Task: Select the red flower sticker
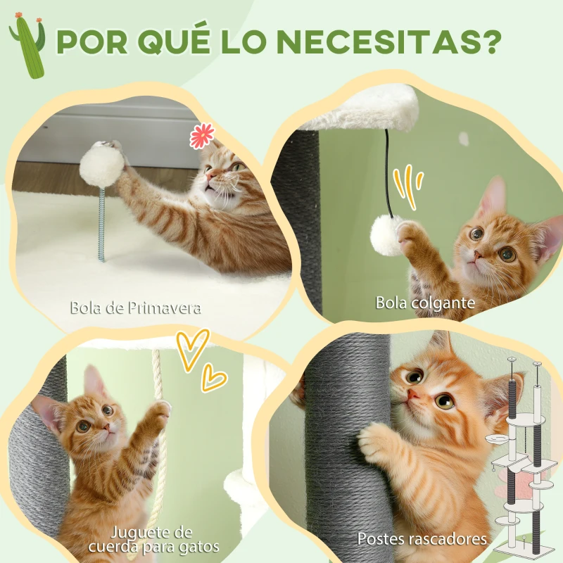(x=202, y=136)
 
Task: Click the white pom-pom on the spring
(x=102, y=167)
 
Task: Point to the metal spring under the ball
(x=101, y=224)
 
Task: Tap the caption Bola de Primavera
(x=135, y=308)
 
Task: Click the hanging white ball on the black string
(x=385, y=235)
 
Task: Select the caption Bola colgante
(x=425, y=303)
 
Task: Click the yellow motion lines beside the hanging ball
(x=407, y=186)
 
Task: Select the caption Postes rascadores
(x=422, y=539)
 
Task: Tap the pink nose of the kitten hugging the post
(x=413, y=394)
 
